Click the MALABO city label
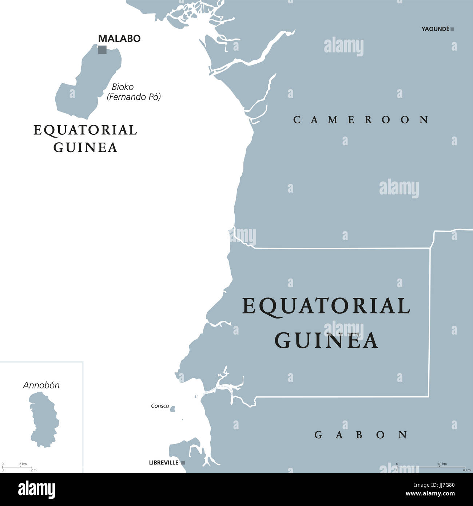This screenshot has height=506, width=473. pyautogui.click(x=119, y=39)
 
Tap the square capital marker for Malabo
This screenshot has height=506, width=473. pyautogui.click(x=102, y=50)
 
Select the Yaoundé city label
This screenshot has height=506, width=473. pyautogui.click(x=435, y=29)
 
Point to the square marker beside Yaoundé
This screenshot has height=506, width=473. pyautogui.click(x=452, y=29)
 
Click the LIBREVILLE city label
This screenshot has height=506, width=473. pyautogui.click(x=164, y=463)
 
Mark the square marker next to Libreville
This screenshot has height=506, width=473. pyautogui.click(x=183, y=463)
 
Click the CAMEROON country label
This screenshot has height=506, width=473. pyautogui.click(x=361, y=120)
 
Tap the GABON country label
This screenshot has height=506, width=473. pyautogui.click(x=361, y=435)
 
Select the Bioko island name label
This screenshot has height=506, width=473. pyautogui.click(x=123, y=87)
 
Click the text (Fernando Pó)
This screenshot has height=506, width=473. pyautogui.click(x=134, y=97)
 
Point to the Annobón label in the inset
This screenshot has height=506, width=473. pyautogui.click(x=41, y=385)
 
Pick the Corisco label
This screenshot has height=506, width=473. pyautogui.click(x=160, y=406)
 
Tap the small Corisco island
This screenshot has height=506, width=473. pyautogui.click(x=172, y=409)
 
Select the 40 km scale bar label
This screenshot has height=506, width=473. pyautogui.click(x=442, y=464)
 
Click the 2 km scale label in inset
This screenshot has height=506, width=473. pyautogui.click(x=23, y=464)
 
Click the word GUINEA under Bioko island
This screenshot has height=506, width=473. pyautogui.click(x=86, y=147)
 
